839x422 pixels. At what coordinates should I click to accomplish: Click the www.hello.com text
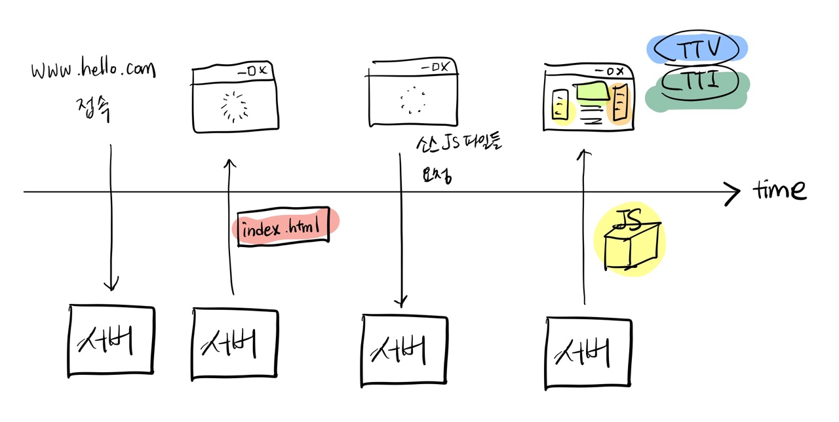[94, 69]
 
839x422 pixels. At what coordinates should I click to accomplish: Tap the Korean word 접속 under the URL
[92, 107]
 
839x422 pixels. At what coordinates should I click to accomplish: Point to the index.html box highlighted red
[283, 229]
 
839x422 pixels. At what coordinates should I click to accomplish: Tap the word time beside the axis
[779, 189]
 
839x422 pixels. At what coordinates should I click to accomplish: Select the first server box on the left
[111, 339]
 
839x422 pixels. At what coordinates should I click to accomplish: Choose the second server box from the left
[235, 343]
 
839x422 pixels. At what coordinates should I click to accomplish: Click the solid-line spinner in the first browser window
[232, 106]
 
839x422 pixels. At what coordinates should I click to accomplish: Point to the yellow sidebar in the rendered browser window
[560, 105]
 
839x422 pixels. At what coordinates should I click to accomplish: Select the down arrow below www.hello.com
[111, 216]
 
